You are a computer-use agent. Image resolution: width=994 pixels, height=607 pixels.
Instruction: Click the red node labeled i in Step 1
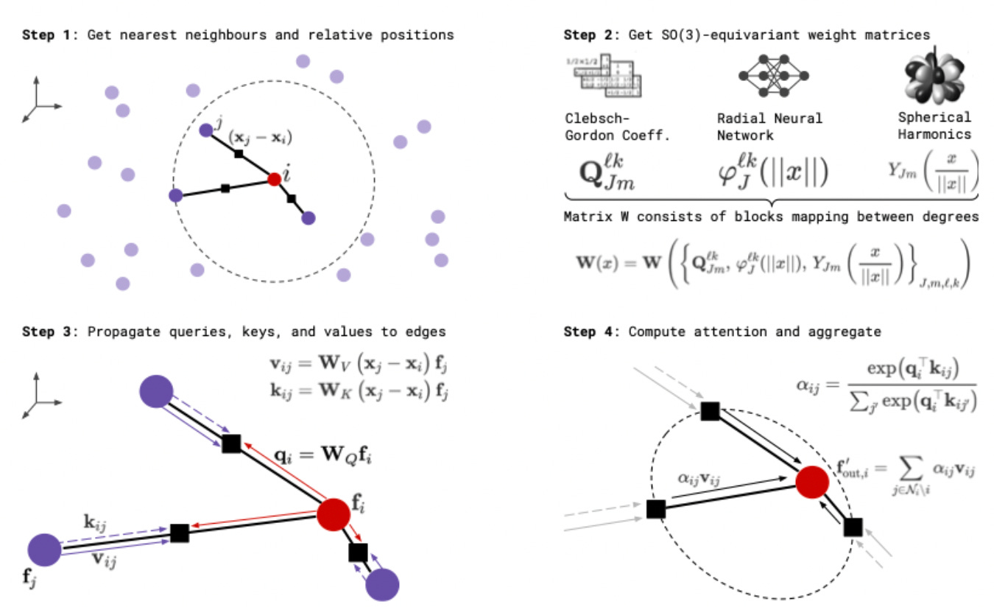pos(274,179)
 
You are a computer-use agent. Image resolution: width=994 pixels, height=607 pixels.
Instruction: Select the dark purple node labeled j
pos(206,130)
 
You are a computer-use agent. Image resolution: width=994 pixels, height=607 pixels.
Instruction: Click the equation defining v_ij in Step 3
pos(359,363)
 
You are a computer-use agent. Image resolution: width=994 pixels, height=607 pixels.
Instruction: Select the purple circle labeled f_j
pos(43,550)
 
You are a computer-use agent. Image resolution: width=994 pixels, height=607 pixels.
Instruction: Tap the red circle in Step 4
pos(813,482)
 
